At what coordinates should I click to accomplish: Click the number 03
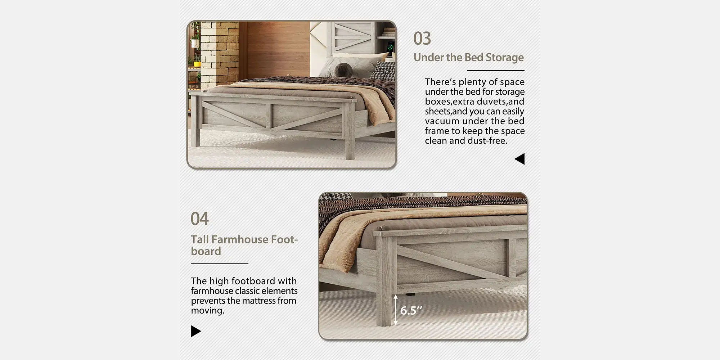tap(422, 38)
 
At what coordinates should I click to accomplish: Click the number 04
tap(199, 219)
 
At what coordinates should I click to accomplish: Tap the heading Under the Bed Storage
tap(468, 57)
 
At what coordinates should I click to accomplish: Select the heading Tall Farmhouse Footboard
tap(244, 245)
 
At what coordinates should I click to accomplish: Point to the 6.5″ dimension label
tap(411, 310)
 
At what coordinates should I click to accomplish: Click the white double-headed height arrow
tap(395, 310)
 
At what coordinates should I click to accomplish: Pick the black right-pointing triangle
tap(196, 331)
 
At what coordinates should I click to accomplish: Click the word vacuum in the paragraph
tap(442, 121)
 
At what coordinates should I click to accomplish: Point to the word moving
tap(208, 310)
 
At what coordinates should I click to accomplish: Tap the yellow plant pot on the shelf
tap(197, 64)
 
